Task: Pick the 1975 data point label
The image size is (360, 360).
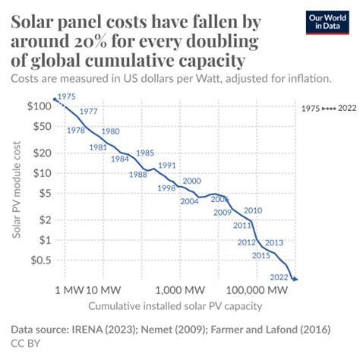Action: click(68, 96)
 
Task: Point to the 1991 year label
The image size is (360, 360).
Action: click(167, 165)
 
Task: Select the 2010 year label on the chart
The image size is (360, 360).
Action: click(253, 210)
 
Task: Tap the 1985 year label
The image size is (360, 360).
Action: click(145, 153)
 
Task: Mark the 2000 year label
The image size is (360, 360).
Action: click(191, 181)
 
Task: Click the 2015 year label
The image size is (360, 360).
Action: click(261, 255)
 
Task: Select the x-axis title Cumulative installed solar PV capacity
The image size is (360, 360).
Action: click(175, 307)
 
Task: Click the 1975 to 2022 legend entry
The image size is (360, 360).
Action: click(324, 109)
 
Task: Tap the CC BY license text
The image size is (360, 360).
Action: click(25, 344)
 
